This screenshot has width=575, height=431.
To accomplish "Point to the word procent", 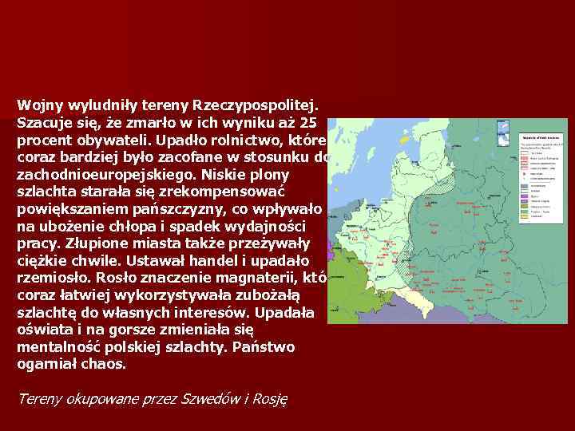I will [x=46, y=140].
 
